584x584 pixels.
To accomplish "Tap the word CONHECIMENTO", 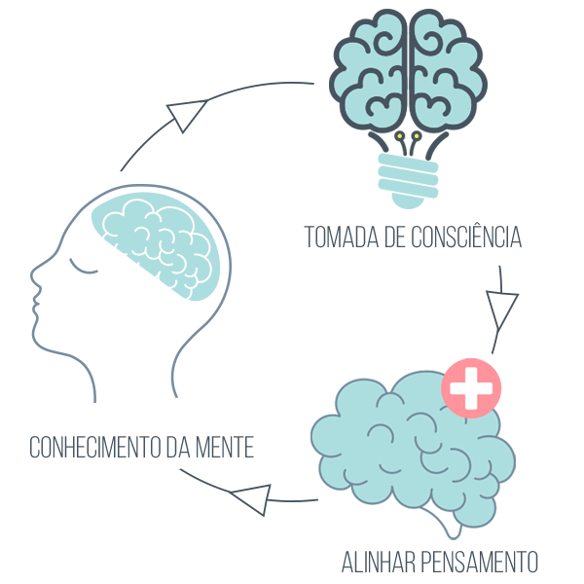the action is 95,447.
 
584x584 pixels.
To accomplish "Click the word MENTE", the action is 225,447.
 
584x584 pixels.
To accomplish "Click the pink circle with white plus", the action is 471,388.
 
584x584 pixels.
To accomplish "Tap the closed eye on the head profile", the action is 83,267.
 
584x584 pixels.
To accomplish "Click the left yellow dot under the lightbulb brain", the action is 400,136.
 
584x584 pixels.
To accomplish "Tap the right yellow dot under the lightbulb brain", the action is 417,136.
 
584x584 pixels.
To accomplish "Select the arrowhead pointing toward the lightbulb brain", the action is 186,114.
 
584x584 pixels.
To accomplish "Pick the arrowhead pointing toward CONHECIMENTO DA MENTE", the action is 251,498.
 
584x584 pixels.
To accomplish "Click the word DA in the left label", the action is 178,447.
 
